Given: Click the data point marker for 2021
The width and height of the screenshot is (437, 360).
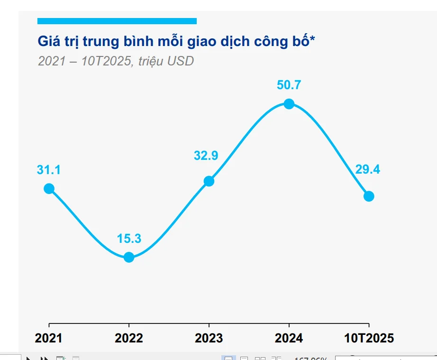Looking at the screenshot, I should click(x=49, y=189).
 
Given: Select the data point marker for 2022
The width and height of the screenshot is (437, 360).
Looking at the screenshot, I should click(x=129, y=258).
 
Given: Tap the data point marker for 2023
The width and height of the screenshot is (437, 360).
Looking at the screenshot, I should click(x=209, y=181).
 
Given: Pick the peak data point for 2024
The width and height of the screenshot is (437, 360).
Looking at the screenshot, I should click(x=289, y=104).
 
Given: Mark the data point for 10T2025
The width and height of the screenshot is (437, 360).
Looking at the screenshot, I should click(x=369, y=196).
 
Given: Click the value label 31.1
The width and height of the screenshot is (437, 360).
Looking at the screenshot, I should click(x=49, y=170).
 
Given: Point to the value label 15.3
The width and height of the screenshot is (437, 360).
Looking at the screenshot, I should click(x=129, y=239).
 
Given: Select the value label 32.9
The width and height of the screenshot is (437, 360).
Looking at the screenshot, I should click(x=206, y=156).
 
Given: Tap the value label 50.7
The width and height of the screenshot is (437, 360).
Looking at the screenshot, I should click(x=289, y=85).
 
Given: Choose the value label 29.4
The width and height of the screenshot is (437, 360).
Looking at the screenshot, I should click(x=368, y=169).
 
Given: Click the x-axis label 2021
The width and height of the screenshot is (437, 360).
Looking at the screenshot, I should click(x=49, y=338).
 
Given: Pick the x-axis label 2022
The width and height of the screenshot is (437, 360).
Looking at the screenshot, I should click(x=129, y=338).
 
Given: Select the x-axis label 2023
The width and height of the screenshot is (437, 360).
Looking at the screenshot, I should click(x=209, y=338).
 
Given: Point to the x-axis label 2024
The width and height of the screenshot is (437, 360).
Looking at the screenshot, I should click(x=289, y=338).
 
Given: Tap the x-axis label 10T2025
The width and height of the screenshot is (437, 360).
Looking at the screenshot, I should click(x=369, y=338).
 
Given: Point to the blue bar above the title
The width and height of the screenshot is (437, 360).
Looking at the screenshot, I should click(x=117, y=21).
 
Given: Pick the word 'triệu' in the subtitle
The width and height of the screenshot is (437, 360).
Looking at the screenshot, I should click(x=151, y=61).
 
